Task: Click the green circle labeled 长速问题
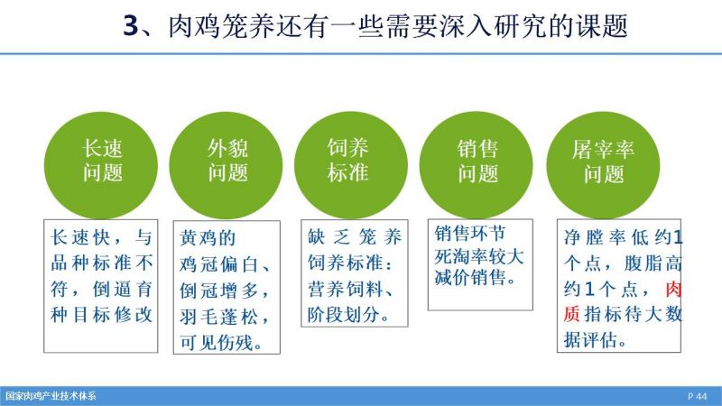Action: pyautogui.click(x=101, y=166)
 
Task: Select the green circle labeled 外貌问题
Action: pyautogui.click(x=226, y=166)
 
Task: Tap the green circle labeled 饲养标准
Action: pyautogui.click(x=351, y=166)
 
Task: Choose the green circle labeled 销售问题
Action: pyautogui.click(x=477, y=166)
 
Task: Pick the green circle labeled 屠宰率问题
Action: pyautogui.click(x=603, y=166)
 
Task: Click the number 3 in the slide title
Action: pyautogui.click(x=130, y=26)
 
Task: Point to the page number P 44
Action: pyautogui.click(x=697, y=396)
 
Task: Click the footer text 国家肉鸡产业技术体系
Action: pyautogui.click(x=51, y=396)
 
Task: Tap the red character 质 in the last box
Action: pyautogui.click(x=571, y=315)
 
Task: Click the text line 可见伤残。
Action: pyautogui.click(x=221, y=343)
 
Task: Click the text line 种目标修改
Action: pyautogui.click(x=101, y=315)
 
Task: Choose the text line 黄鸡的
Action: pyautogui.click(x=208, y=238)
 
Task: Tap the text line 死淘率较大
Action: pyautogui.click(x=479, y=256)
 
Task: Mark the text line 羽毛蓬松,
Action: pyautogui.click(x=224, y=317)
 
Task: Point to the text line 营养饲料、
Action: pyautogui.click(x=351, y=289)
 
